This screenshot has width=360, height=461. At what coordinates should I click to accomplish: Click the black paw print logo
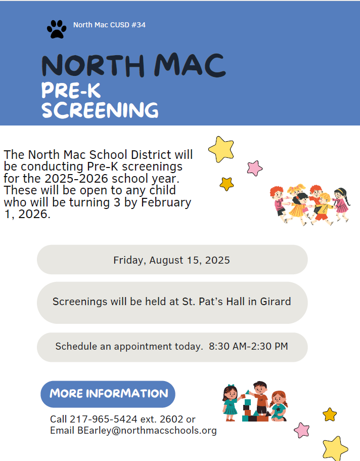pos(57,29)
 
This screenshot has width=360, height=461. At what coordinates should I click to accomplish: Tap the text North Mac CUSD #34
pos(109,25)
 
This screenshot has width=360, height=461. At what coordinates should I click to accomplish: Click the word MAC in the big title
pos(190,65)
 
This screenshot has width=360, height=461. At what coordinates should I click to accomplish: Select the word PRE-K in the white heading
pos(71,90)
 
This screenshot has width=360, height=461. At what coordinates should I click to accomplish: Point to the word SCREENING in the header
pos(100,110)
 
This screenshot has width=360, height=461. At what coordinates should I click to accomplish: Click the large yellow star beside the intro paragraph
pos(221,149)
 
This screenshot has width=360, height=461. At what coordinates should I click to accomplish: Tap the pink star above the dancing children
pos(255,168)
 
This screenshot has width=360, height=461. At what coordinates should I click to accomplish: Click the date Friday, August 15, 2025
pos(171,260)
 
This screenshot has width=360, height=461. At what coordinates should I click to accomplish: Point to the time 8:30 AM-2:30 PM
pos(248,346)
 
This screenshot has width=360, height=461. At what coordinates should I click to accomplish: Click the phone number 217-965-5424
pos(104,419)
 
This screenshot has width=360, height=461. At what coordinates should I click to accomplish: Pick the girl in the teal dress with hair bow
pos(231,402)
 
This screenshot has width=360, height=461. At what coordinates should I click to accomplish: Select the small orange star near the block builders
pos(330,414)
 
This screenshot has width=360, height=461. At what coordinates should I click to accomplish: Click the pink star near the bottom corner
pos(302,430)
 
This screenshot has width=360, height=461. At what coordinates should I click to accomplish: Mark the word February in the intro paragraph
pos(166,202)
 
